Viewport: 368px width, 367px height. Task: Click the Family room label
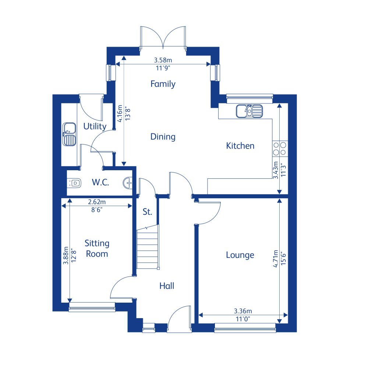[163, 84]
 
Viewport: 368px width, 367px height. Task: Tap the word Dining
[163, 137]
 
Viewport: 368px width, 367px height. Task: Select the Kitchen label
[240, 146]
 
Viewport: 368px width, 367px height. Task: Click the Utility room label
[95, 127]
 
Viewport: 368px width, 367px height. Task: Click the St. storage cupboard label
[147, 212]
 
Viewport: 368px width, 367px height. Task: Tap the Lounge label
[240, 255]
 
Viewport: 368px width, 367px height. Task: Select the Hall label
[167, 285]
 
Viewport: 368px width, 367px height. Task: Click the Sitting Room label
[97, 248]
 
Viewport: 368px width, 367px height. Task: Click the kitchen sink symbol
[250, 110]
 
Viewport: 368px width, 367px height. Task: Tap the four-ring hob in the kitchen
[279, 148]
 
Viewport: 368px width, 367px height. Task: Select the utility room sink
[69, 134]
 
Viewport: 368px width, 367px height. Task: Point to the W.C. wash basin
[127, 182]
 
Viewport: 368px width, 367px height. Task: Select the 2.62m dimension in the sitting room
[97, 202]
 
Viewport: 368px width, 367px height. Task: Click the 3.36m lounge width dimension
[243, 311]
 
